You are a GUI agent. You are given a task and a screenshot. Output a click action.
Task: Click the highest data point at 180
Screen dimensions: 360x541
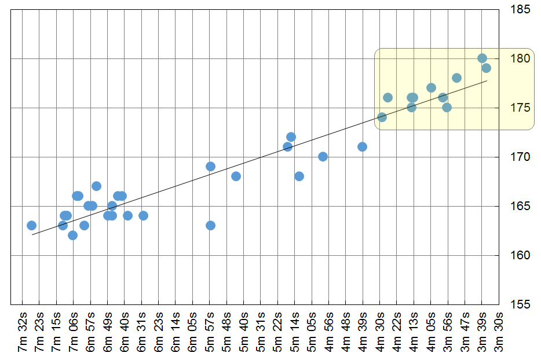[482, 58]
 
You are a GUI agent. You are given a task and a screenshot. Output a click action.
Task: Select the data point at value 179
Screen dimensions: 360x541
[486, 68]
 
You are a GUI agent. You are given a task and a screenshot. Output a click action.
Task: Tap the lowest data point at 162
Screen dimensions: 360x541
[72, 236]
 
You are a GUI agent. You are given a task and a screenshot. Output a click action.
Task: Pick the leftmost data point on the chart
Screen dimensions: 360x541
[32, 226]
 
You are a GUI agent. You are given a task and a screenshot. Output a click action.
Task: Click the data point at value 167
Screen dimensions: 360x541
[97, 186]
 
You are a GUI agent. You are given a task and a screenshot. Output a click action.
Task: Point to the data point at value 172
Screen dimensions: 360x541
[291, 137]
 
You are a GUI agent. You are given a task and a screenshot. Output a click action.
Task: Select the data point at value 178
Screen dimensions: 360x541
[456, 78]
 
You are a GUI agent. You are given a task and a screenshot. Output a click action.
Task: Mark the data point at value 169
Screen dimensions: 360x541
[210, 167]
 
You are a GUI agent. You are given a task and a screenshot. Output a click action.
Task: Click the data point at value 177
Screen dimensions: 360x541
[431, 88]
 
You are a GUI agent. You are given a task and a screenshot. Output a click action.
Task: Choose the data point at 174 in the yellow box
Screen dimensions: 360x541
[382, 117]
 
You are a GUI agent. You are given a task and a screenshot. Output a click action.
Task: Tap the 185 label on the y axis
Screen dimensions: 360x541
[518, 10]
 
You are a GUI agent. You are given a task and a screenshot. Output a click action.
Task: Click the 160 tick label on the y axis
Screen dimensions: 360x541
[518, 255]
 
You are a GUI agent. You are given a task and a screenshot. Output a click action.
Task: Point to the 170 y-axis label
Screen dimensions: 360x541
[518, 157]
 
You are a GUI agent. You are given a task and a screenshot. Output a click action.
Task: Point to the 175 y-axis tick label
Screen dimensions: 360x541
[518, 108]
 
